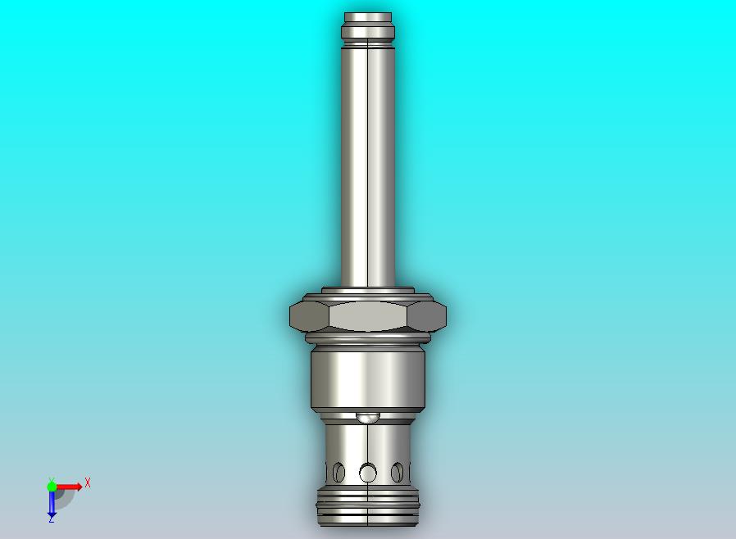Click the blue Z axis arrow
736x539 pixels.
52,505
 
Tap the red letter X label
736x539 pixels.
88,483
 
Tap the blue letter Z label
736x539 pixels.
52,519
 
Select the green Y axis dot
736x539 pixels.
52,486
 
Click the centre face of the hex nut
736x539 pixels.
368,315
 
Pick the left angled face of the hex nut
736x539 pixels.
310,315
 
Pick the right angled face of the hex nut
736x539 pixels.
427,315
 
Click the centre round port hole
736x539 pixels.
368,473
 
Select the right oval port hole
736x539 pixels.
398,472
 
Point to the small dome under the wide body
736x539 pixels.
368,417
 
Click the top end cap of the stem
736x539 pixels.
368,17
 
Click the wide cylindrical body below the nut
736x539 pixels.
368,377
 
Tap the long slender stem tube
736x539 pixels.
368,164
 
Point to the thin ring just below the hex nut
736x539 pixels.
368,337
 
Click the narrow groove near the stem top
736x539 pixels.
368,25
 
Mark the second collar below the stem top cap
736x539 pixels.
368,34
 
